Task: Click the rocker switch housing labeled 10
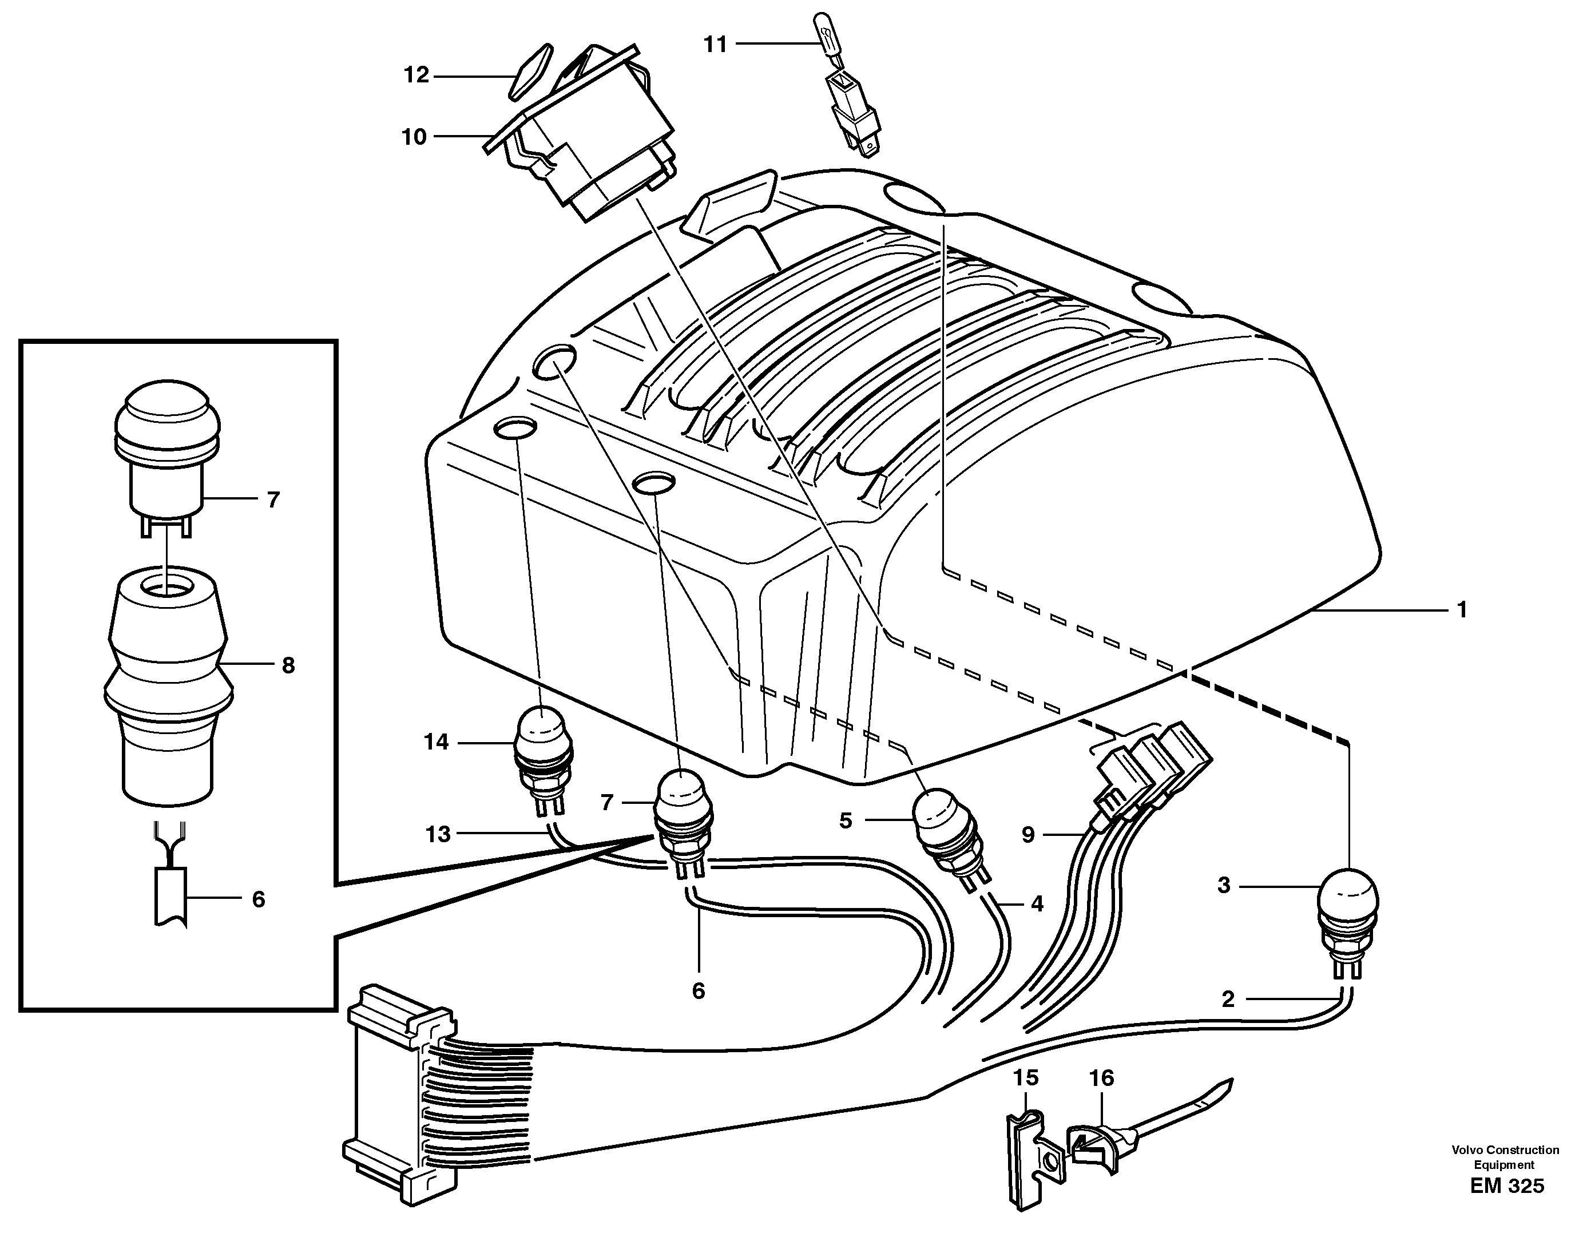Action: click(x=603, y=138)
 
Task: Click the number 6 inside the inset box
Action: click(x=259, y=899)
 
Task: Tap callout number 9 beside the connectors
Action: click(x=1028, y=835)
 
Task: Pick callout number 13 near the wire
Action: click(x=438, y=835)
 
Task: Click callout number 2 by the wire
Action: click(x=1227, y=1000)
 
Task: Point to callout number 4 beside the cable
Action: click(x=1037, y=904)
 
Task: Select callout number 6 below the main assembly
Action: click(x=699, y=991)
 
